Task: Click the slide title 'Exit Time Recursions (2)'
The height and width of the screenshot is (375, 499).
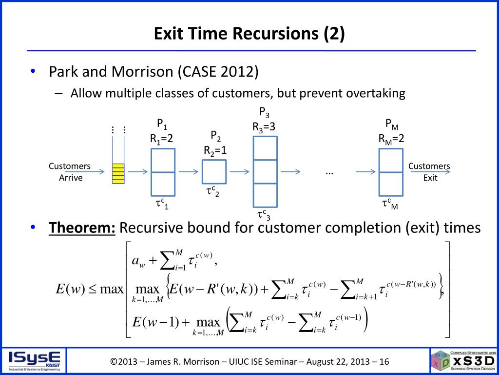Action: [249, 34]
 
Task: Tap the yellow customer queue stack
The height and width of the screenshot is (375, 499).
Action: [118, 173]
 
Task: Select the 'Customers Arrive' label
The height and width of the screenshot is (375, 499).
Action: [70, 172]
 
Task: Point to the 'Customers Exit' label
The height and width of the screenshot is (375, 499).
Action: [429, 172]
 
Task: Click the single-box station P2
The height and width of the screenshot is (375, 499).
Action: [214, 171]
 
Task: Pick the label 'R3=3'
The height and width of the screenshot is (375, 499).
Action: [264, 127]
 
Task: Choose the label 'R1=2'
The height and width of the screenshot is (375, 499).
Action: [162, 139]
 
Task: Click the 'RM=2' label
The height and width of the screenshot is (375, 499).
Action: [391, 139]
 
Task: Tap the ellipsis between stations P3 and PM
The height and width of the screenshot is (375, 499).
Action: [329, 172]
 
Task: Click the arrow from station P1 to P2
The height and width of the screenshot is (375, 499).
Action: [189, 171]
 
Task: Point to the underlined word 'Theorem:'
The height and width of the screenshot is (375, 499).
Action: [82, 228]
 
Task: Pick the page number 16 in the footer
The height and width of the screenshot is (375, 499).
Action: [384, 362]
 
